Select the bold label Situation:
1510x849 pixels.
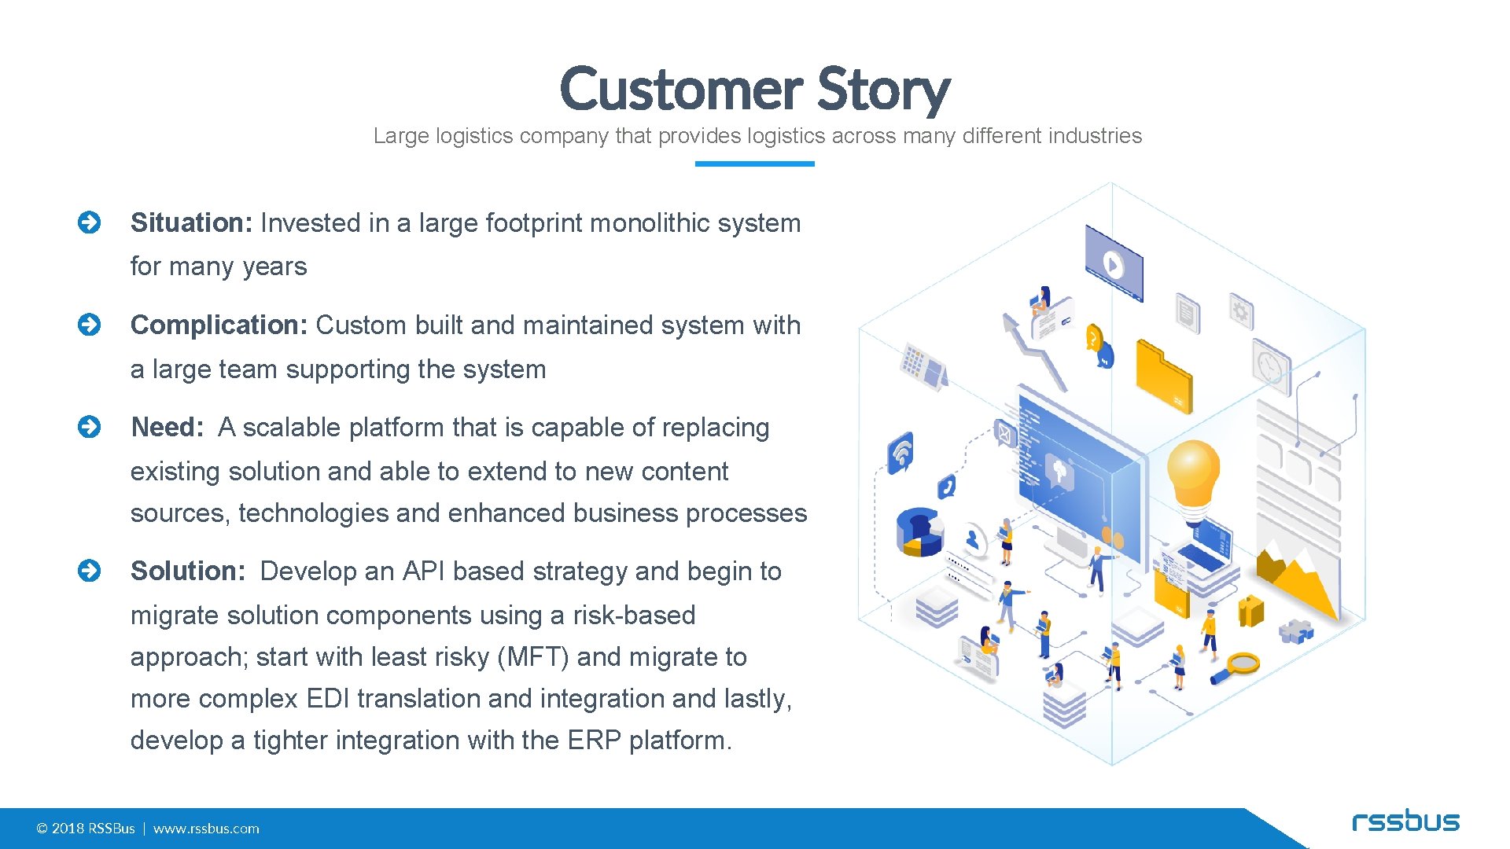tap(191, 223)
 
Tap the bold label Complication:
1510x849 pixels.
tap(219, 325)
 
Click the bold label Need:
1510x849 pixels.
tap(167, 428)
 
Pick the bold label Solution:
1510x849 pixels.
tap(188, 572)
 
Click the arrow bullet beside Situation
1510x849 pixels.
tap(90, 223)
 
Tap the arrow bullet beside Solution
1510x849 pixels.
tap(90, 571)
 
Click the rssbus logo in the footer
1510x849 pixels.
tap(1405, 821)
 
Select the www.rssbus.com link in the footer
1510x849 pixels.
tap(206, 829)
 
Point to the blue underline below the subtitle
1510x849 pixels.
tap(754, 164)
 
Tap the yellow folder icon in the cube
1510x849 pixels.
tap(1163, 377)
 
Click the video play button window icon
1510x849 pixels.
tap(1114, 263)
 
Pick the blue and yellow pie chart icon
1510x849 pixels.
tap(919, 532)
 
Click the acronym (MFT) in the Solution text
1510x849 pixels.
tap(533, 657)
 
